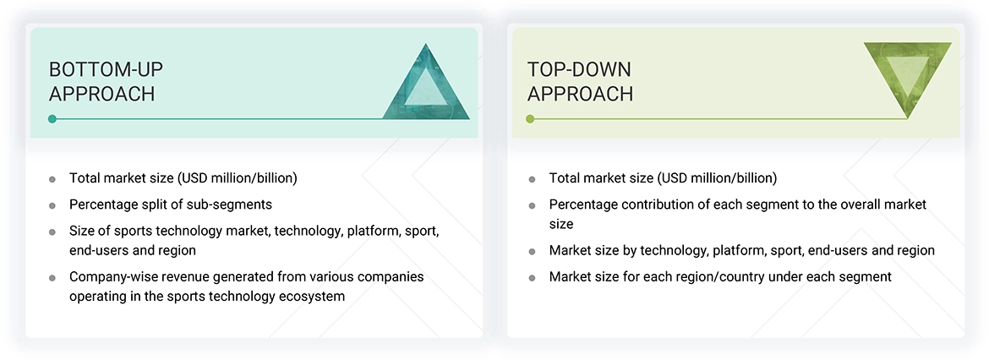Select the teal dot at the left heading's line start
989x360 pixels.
[52, 119]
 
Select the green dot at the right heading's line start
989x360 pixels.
[530, 119]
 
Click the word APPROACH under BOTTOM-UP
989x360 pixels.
[101, 94]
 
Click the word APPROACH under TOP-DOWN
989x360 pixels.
[580, 94]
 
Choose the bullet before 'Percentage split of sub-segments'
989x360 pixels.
[52, 205]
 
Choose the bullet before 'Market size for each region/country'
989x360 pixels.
[532, 277]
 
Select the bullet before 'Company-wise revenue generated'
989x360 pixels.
[52, 277]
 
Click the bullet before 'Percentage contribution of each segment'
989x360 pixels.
[532, 205]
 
